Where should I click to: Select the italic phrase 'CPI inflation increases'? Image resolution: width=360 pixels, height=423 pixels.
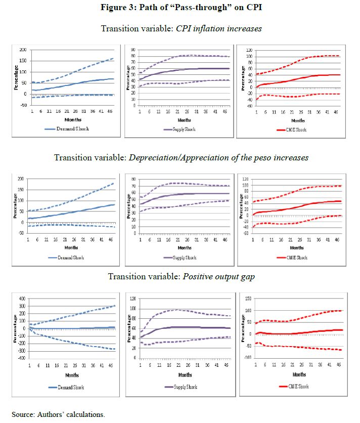pos(218,28)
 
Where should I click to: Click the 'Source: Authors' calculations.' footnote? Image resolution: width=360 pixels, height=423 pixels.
pos(59,414)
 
